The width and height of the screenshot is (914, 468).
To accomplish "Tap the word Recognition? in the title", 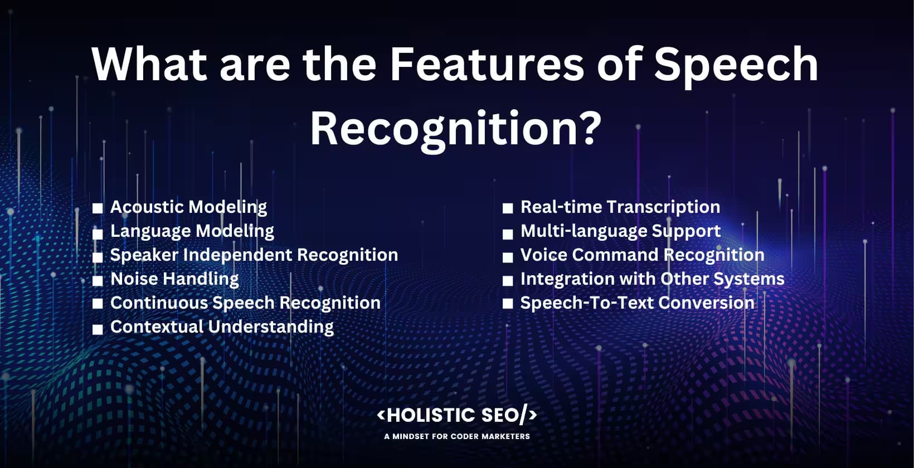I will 455,129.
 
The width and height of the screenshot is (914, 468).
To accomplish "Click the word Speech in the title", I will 736,64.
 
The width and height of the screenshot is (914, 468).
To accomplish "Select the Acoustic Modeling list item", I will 188,207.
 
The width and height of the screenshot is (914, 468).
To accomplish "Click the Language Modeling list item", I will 192,231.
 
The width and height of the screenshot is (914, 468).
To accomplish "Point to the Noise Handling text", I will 174,279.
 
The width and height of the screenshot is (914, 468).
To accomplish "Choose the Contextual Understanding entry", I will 222,326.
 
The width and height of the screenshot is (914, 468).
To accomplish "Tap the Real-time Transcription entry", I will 620,207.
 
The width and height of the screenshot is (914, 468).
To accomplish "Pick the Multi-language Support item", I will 620,231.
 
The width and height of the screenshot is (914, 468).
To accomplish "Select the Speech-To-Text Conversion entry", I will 637,303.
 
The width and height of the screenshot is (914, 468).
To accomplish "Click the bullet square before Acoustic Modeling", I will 98,208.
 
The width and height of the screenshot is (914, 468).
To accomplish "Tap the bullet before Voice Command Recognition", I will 507,257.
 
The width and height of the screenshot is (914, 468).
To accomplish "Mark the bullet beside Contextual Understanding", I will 98,329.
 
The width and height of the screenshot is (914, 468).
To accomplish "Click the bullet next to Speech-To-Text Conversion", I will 507,304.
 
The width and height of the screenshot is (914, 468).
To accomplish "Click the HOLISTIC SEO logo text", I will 457,415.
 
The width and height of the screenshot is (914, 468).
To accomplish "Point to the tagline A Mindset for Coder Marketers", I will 457,436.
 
